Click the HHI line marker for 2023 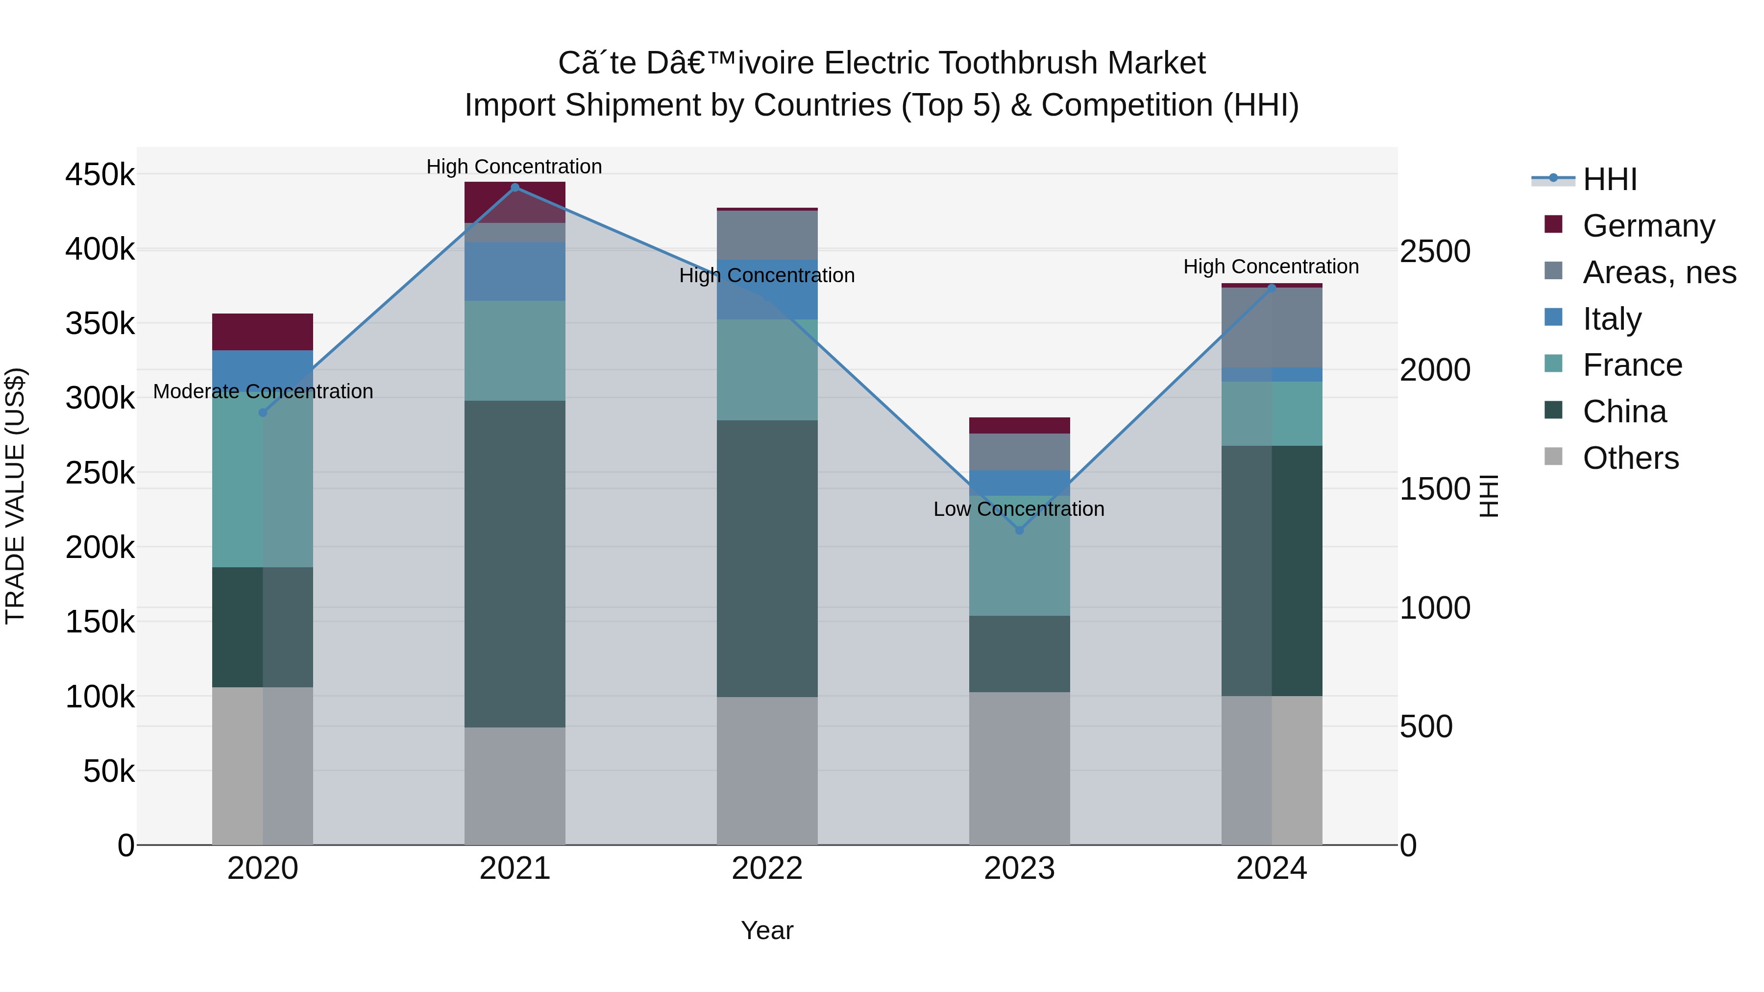click(1019, 530)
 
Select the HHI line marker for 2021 click(515, 187)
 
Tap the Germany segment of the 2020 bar click(262, 332)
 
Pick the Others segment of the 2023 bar click(1019, 768)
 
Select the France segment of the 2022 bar click(767, 370)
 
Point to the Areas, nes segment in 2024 click(1272, 327)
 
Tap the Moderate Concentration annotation click(263, 391)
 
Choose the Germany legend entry click(1648, 226)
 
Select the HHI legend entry click(1609, 179)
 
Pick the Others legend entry click(1630, 458)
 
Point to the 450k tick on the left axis click(100, 174)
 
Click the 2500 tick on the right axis click(1435, 251)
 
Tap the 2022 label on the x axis click(767, 869)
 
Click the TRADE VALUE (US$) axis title click(15, 496)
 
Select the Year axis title click(767, 930)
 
